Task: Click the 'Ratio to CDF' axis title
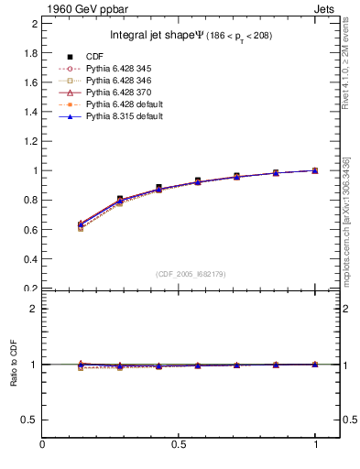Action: (x=14, y=364)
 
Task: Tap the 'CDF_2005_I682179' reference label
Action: (x=191, y=274)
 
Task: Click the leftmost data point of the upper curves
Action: (x=82, y=225)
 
